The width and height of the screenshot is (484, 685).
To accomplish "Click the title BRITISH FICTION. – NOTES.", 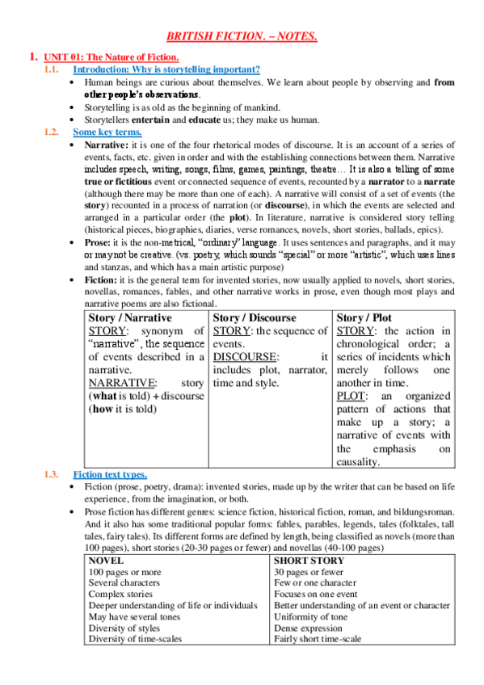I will tap(242, 36).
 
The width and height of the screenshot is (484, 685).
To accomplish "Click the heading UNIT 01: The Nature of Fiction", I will tap(111, 57).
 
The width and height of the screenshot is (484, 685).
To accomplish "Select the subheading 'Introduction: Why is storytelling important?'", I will tap(161, 69).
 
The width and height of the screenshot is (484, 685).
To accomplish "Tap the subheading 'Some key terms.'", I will tap(107, 132).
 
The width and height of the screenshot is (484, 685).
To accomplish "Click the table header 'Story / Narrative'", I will tap(130, 318).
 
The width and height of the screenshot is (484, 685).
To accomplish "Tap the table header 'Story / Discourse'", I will tap(255, 318).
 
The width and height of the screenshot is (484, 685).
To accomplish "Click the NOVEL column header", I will tap(106, 560).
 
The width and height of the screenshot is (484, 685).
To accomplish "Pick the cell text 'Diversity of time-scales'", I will tap(135, 638).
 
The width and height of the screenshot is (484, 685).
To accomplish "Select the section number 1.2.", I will tap(52, 132).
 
